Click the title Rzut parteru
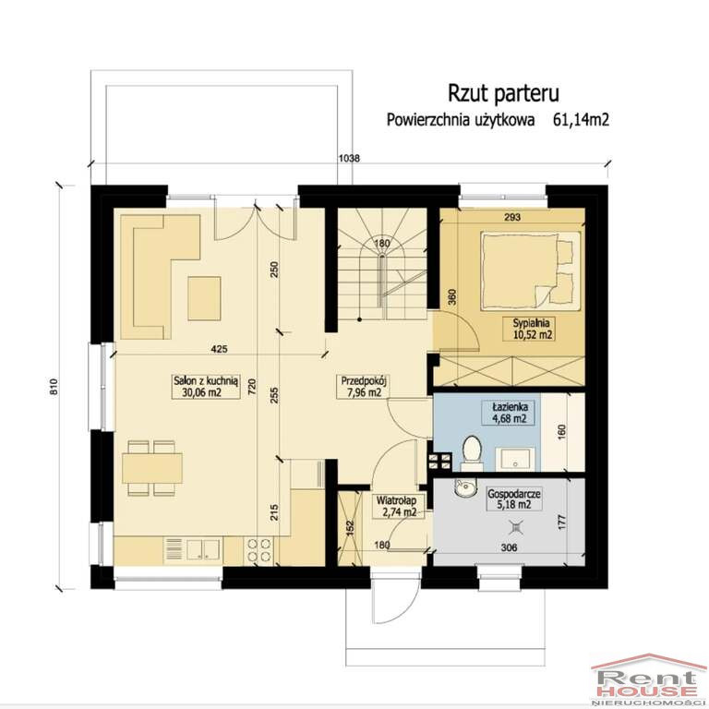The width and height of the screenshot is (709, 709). [x=503, y=93]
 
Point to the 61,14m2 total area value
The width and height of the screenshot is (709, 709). [x=581, y=120]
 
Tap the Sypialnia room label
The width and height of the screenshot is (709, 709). [x=532, y=323]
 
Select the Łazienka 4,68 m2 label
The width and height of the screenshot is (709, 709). [x=510, y=413]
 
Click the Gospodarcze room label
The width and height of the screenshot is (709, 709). [x=514, y=494]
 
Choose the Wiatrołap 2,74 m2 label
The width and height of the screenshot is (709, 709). [x=397, y=507]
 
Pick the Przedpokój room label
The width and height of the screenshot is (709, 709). [x=365, y=380]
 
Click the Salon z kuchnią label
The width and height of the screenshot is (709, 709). [x=206, y=381]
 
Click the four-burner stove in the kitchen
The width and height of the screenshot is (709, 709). [x=258, y=550]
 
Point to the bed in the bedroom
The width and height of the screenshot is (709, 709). [x=531, y=271]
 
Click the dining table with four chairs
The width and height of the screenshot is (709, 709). [x=152, y=468]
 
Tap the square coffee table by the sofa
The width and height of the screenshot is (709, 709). [x=204, y=298]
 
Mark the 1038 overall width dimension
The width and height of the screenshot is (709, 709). [x=350, y=158]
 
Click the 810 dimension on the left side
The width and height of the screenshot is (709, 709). [x=54, y=387]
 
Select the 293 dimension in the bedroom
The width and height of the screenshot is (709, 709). [x=512, y=218]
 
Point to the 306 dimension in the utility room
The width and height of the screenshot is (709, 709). [x=510, y=548]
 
